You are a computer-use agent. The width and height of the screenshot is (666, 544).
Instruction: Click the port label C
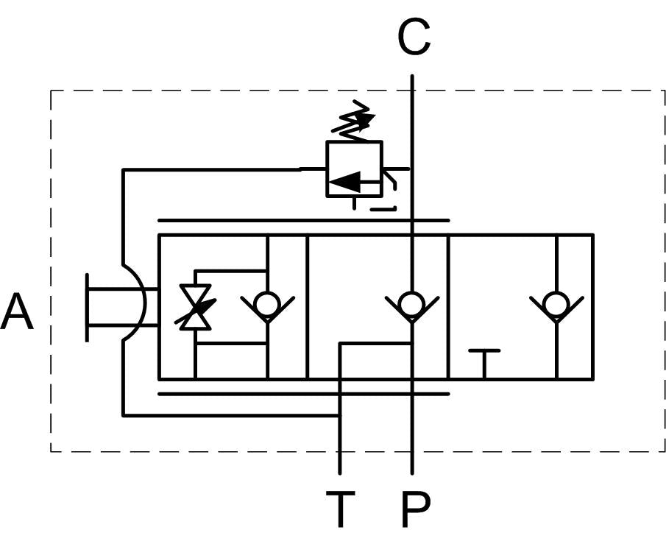[x=414, y=37]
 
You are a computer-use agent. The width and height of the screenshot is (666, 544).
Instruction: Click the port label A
[x=17, y=311]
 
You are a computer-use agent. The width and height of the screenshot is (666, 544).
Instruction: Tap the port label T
[x=340, y=509]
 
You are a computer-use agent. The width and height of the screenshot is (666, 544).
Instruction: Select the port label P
[x=415, y=509]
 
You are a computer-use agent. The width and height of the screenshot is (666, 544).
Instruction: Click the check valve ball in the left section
[x=267, y=304]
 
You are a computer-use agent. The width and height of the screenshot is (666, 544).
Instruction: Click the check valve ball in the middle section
[x=411, y=304]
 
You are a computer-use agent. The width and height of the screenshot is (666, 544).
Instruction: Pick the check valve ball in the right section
[x=556, y=304]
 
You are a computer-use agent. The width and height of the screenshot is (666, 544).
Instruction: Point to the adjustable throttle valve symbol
[x=195, y=307]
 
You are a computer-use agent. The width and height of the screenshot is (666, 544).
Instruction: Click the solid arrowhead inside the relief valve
[x=345, y=182]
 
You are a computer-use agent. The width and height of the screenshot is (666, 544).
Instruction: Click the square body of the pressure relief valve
[x=354, y=169]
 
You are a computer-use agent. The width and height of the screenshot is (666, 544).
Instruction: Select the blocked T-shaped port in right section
[x=484, y=364]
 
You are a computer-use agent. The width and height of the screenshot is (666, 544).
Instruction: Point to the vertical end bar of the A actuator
[x=87, y=307]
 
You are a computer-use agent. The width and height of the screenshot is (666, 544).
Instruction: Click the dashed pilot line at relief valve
[x=390, y=190]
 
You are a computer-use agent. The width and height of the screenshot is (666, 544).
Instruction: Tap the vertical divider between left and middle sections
[x=307, y=306]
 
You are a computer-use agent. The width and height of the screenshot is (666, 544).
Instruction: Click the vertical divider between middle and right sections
[x=448, y=306]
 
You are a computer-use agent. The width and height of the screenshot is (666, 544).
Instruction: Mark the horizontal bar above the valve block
[x=303, y=221]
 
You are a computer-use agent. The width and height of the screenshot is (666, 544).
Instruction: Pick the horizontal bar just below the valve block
[x=303, y=394]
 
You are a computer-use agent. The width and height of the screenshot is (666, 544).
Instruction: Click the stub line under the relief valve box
[x=354, y=203]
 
